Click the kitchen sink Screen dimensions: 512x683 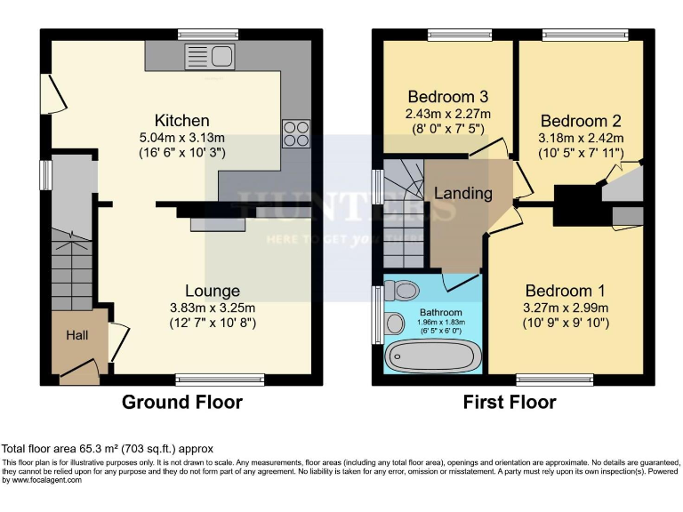(x=209, y=57)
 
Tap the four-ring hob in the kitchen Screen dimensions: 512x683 (x=295, y=133)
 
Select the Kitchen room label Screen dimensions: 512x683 (x=182, y=120)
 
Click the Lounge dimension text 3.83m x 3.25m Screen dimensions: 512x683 (x=213, y=308)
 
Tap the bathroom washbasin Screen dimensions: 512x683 (x=396, y=323)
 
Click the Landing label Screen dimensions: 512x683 (x=462, y=193)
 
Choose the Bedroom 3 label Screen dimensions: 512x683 (x=448, y=96)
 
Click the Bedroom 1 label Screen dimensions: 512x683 (x=565, y=291)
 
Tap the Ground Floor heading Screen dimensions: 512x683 (x=182, y=402)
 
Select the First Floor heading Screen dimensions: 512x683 (x=510, y=402)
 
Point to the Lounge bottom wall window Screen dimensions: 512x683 (x=219, y=380)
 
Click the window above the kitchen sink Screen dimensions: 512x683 (x=207, y=35)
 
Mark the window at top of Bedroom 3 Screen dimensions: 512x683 (x=459, y=35)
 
